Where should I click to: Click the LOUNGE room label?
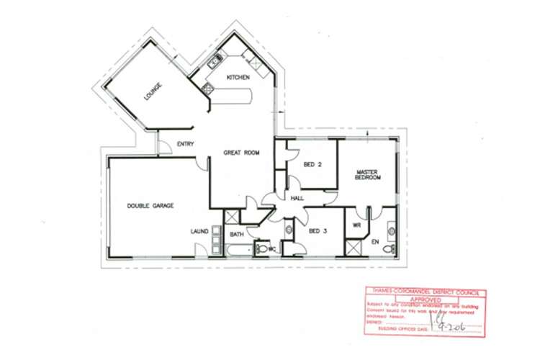click(153, 91)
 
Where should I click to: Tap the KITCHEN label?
click(238, 77)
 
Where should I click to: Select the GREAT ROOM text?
click(241, 153)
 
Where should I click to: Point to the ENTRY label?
click(186, 145)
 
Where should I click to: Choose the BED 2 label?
click(312, 163)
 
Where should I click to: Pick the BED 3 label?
click(318, 231)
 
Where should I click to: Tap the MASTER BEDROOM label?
click(367, 174)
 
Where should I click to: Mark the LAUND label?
click(199, 231)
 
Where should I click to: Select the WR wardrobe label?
click(356, 225)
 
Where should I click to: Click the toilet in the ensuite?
click(387, 248)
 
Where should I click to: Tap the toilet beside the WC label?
click(264, 249)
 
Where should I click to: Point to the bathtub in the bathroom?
click(238, 249)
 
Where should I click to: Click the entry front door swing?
click(163, 144)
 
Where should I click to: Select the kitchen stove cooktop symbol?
click(207, 89)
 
